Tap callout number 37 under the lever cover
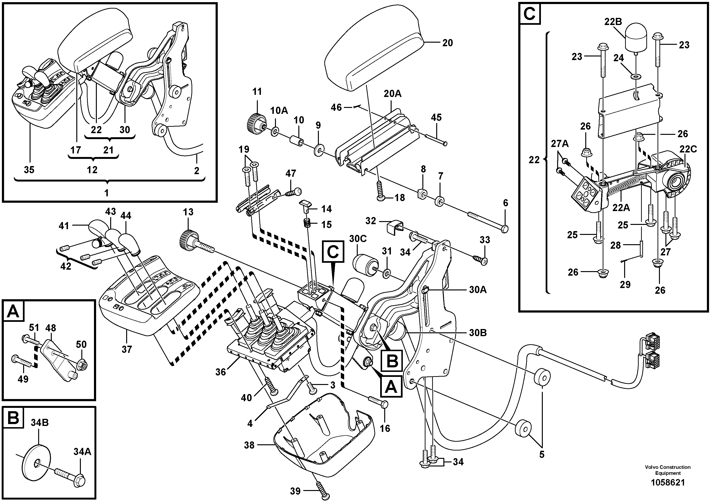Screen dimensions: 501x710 pyautogui.click(x=127, y=349)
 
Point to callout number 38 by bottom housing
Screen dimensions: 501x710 pyautogui.click(x=249, y=445)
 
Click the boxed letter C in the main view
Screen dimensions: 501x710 pyautogui.click(x=333, y=252)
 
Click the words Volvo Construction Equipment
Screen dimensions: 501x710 pyautogui.click(x=668, y=470)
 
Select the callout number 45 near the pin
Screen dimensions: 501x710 pyautogui.click(x=436, y=118)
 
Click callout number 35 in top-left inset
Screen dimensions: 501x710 pyautogui.click(x=29, y=170)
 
